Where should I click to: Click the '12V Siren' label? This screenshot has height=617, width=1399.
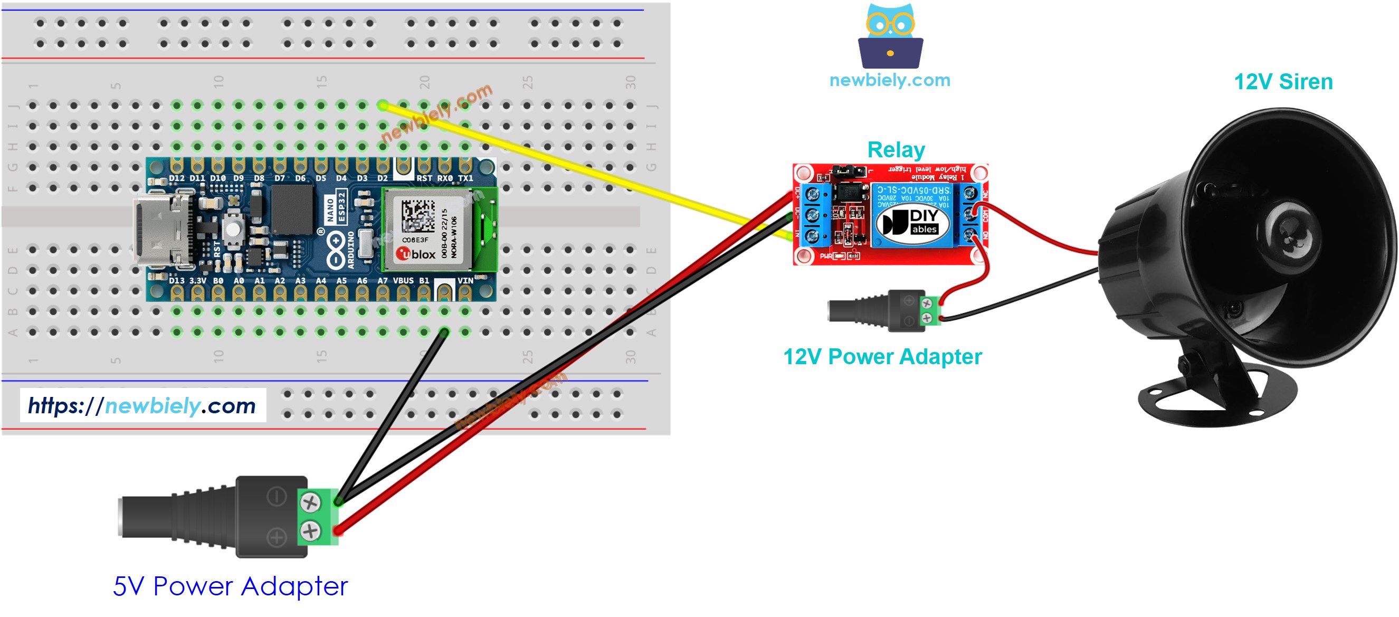1283,82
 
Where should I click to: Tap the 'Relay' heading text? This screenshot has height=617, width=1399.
896,150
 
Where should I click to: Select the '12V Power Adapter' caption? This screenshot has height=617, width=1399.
882,357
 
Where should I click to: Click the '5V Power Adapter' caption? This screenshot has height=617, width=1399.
230,586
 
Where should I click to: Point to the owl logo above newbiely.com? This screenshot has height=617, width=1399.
890,36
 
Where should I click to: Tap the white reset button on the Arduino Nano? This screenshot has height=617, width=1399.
233,229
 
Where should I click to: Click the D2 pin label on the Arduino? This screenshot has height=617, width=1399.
382,178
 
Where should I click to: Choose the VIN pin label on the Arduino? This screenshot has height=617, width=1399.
465,281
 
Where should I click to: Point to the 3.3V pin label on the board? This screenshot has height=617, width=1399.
197,281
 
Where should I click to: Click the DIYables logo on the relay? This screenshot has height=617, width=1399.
912,222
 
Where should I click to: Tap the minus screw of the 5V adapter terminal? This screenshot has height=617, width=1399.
310,502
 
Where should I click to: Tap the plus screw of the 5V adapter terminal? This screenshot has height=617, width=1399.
310,530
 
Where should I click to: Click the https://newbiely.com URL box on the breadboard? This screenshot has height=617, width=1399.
143,405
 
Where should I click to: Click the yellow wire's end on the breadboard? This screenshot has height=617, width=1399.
383,106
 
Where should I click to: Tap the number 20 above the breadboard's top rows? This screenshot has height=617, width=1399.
424,82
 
